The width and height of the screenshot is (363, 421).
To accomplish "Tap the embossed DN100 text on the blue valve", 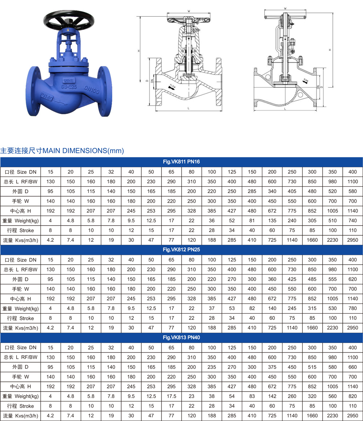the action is (91, 90).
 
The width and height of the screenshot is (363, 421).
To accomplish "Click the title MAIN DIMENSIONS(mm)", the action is (83, 150).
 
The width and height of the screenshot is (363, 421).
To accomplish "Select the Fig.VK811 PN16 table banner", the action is (181, 162).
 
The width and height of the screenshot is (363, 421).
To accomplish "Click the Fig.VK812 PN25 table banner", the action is (181, 249).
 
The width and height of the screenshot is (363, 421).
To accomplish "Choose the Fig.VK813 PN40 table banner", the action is (181, 338).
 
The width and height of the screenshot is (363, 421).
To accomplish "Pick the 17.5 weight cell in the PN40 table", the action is (171, 396).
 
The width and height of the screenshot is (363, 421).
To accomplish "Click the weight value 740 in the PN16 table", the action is (352, 220).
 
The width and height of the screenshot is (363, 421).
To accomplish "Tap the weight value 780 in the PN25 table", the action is (352, 308).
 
